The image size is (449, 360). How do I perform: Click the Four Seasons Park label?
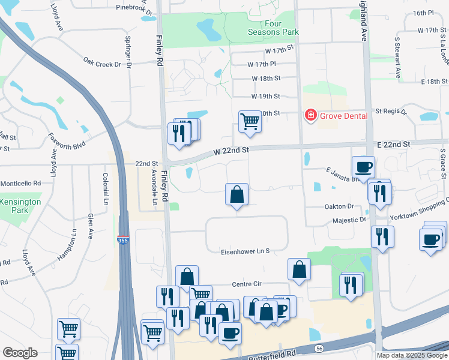pos(265,28)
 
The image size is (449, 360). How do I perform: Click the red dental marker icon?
pos(311,115)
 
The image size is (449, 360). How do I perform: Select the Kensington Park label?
pos(20,206)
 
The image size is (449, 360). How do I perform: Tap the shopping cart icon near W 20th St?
pos(249,121)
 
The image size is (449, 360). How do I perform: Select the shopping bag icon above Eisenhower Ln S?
pos(237,194)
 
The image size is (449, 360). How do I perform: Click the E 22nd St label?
pos(393,145)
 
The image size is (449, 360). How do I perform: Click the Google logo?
pos(20,353)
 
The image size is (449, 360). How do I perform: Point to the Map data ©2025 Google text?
pos(411,355)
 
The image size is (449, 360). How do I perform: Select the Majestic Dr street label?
pos(349,220)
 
